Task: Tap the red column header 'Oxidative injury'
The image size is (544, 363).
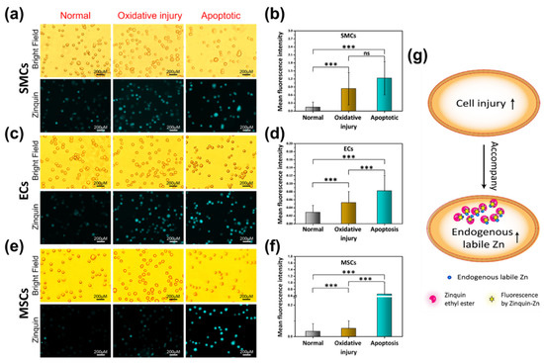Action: click(x=146, y=14)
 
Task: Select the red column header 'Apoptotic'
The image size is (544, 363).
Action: click(x=206, y=14)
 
